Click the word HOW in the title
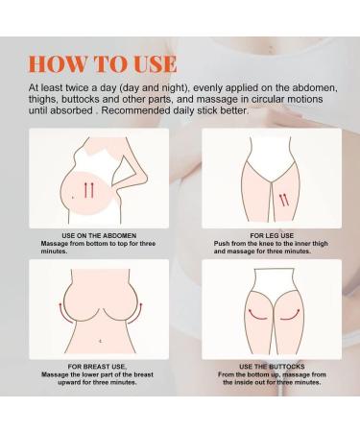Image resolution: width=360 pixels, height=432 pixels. [58, 63]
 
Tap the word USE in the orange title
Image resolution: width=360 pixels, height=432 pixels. [155, 63]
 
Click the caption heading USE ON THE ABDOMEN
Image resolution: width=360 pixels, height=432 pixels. [99, 235]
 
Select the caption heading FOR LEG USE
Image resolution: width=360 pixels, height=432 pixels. [272, 235]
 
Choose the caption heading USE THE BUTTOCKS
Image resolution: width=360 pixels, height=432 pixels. [272, 367]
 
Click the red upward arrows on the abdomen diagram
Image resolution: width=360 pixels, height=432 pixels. [88, 190]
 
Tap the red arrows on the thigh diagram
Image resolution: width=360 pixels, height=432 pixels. [284, 200]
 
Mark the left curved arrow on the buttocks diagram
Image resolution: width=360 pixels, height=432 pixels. [257, 315]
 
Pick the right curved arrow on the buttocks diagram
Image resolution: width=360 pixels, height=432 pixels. [291, 315]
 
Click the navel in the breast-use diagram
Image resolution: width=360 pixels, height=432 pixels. [101, 341]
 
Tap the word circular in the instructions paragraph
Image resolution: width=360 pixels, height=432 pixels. [270, 99]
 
